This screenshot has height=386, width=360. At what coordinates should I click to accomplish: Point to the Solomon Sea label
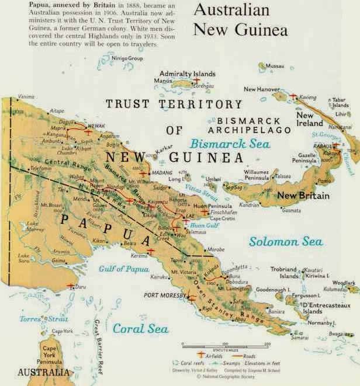point(286,241)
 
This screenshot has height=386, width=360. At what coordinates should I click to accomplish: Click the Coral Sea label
point(140,328)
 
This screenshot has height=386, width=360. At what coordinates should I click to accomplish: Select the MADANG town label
point(161,173)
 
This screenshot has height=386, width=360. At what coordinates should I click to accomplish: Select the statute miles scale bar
point(225,344)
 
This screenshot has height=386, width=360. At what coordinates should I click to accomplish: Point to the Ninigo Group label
point(127,58)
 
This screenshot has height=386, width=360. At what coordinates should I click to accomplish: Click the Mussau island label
point(275,66)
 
